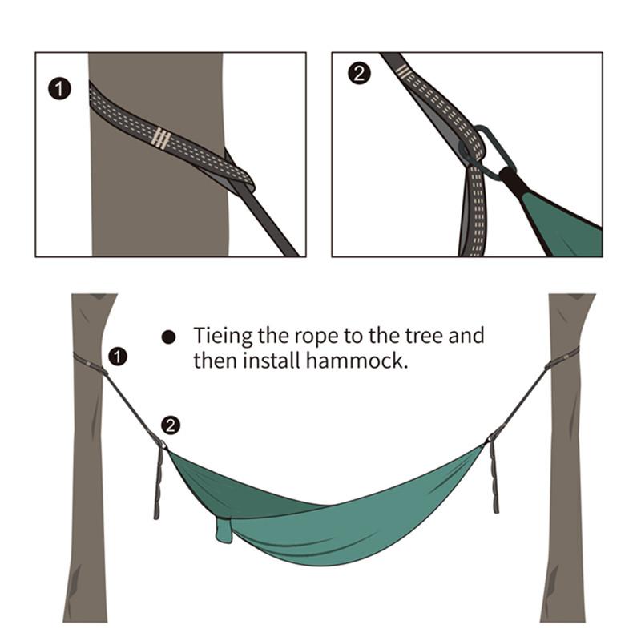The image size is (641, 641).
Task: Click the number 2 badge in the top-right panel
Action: tap(358, 75)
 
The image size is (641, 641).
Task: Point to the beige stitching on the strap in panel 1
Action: tap(161, 139)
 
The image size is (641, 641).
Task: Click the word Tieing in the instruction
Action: tap(221, 336)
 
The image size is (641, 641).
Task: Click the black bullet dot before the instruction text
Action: tap(168, 337)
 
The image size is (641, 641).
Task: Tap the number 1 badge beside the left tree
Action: tap(118, 356)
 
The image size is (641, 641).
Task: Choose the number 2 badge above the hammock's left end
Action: tap(171, 425)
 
